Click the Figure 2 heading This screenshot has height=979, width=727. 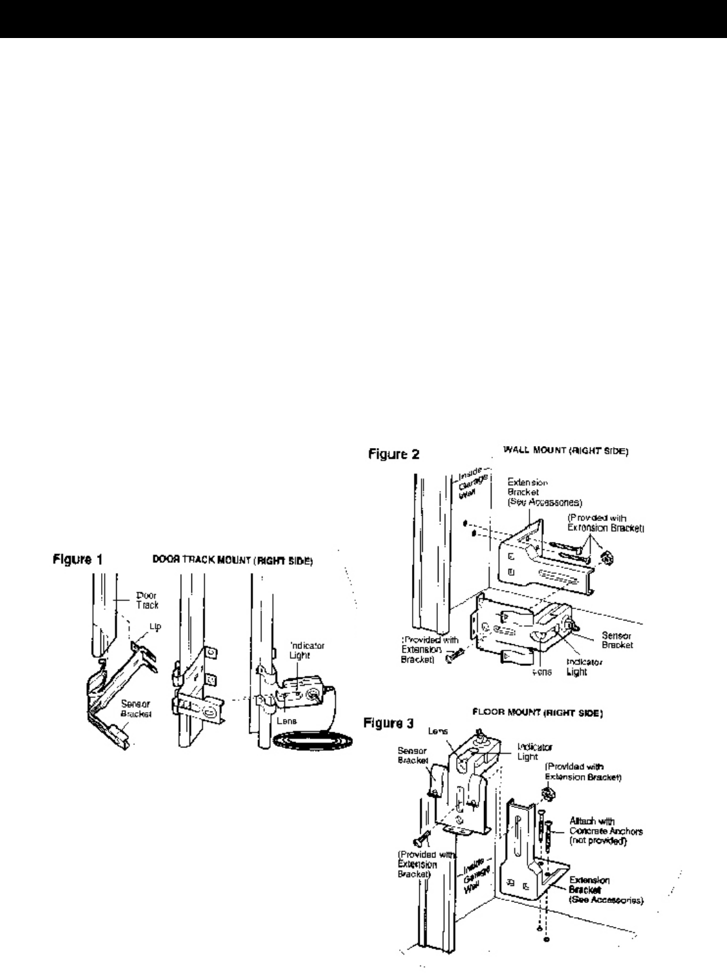[394, 454]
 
